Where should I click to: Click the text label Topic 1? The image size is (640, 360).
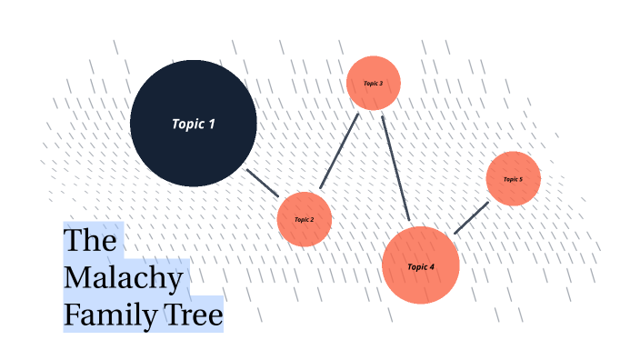(x=194, y=124)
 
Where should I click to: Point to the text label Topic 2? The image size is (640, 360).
(x=305, y=219)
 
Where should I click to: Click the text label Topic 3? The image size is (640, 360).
(x=374, y=84)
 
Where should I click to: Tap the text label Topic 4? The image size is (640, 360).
(x=421, y=266)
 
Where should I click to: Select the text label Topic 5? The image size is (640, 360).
(x=514, y=179)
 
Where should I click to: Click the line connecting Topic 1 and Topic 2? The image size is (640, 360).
(x=263, y=183)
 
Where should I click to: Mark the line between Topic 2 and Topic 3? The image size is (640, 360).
(x=339, y=151)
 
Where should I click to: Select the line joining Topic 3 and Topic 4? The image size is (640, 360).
(x=395, y=168)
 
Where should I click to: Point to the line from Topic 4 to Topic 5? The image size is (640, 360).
(x=471, y=218)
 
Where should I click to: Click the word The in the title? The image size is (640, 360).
(x=91, y=241)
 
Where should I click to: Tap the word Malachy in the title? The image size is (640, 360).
(x=124, y=277)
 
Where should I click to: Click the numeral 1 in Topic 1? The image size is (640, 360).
(x=212, y=124)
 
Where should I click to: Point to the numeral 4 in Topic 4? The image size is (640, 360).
(x=432, y=266)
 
